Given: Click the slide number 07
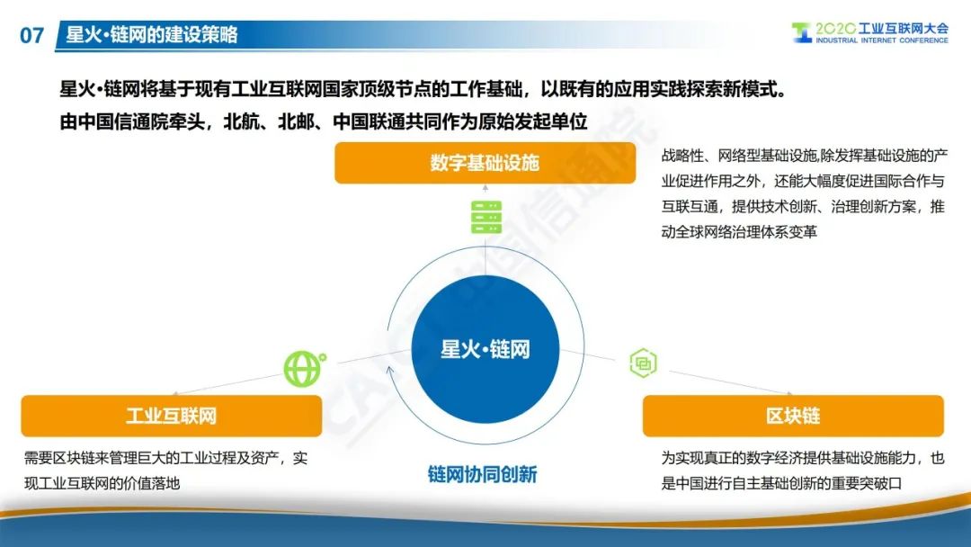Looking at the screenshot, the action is (x=31, y=35).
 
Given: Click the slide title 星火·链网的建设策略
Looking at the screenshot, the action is (x=152, y=34).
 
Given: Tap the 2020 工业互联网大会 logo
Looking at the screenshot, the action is (x=869, y=32).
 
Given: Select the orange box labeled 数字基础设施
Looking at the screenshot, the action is (x=485, y=163).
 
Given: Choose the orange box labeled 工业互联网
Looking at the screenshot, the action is (x=171, y=416).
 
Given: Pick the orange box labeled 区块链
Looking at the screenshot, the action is (x=793, y=416).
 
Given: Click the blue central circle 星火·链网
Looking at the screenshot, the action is (x=485, y=349).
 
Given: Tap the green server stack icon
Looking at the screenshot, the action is (x=486, y=217).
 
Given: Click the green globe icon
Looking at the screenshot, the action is (x=304, y=369).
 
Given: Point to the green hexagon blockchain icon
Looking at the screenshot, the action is (x=643, y=363).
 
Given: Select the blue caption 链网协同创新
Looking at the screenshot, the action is (x=483, y=474).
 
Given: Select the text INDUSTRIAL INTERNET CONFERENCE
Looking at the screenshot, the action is (x=882, y=40).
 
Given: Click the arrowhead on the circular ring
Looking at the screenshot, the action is (x=390, y=372).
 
